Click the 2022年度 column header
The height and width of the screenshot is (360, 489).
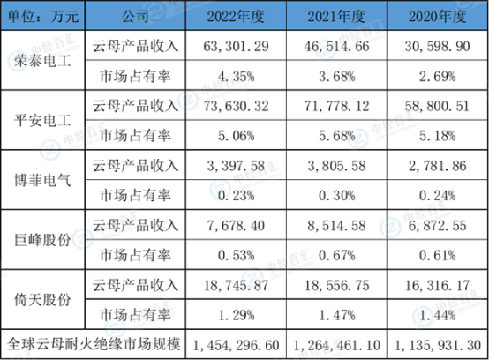pyautogui.click(x=236, y=16)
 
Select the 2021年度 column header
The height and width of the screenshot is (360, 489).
pyautogui.click(x=336, y=16)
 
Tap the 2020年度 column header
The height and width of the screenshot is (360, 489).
pyautogui.click(x=438, y=16)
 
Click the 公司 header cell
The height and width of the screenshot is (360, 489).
pyautogui.click(x=135, y=16)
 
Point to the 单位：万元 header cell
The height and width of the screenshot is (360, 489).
pyautogui.click(x=42, y=16)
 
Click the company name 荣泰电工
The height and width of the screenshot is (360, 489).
pyautogui.click(x=42, y=61)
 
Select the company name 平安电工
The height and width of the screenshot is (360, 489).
pyautogui.click(x=42, y=120)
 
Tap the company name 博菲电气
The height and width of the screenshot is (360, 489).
pyautogui.click(x=42, y=180)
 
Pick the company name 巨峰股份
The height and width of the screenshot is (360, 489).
pyautogui.click(x=42, y=240)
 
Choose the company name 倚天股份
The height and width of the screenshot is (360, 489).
pyautogui.click(x=42, y=300)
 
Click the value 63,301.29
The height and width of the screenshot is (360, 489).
pyautogui.click(x=236, y=47)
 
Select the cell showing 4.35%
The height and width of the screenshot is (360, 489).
pyautogui.click(x=236, y=77)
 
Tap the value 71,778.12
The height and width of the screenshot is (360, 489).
pyautogui.click(x=337, y=106)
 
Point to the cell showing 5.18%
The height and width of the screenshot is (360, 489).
pyautogui.click(x=438, y=136)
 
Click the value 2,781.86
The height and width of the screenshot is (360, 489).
pyautogui.click(x=438, y=166)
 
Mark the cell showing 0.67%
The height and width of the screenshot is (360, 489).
pyautogui.click(x=337, y=256)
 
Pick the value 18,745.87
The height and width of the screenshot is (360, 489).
pyautogui.click(x=236, y=286)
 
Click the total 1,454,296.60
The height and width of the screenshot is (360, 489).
pyautogui.click(x=236, y=345)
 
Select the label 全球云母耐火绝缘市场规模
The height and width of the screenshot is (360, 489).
pyautogui.click(x=94, y=344)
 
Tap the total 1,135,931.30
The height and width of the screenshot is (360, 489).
pyautogui.click(x=438, y=345)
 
